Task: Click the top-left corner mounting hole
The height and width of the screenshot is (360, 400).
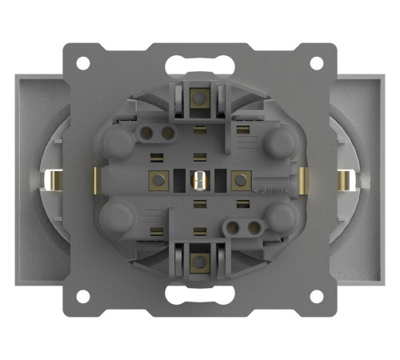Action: point(82,62)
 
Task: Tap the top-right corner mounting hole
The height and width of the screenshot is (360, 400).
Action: point(317,62)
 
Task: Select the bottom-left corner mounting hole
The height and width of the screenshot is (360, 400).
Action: point(82,295)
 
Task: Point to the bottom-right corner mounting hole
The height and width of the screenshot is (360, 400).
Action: point(317,295)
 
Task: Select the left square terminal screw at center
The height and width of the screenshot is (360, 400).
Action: point(158,178)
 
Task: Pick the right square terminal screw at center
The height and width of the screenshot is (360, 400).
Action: point(238,178)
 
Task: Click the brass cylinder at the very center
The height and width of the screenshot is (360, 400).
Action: point(198,179)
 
